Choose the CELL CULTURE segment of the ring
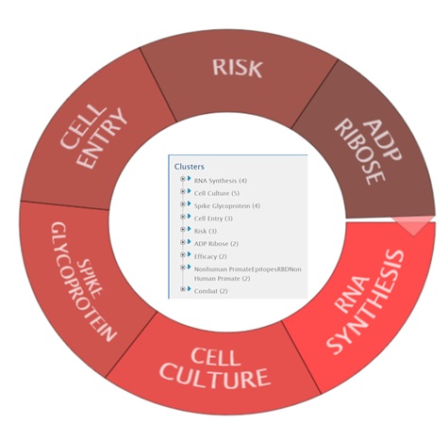point(214,367)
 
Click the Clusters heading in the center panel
point(190,167)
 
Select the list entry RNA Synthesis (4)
point(221,181)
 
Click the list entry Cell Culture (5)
point(217,193)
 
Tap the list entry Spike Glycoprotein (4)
point(227,206)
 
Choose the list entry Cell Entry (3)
point(213,219)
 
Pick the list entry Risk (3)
point(206,231)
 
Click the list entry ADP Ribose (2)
point(216,244)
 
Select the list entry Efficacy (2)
point(210,256)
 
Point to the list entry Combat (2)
point(210,291)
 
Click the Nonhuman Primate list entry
point(247,274)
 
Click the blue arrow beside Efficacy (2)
point(190,254)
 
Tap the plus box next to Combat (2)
point(183,289)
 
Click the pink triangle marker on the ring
point(414,224)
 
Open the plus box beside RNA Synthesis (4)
point(183,179)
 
